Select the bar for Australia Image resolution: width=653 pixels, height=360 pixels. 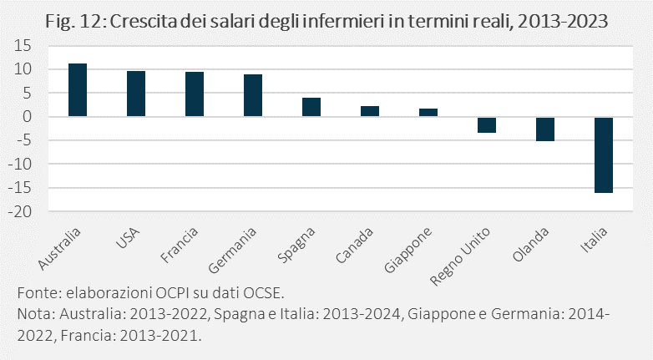tap(78, 89)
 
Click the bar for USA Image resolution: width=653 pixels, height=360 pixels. tap(136, 94)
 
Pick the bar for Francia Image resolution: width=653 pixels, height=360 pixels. tap(195, 94)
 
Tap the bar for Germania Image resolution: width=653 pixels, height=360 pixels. tap(253, 95)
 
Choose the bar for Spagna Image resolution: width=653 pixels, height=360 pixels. tap(311, 107)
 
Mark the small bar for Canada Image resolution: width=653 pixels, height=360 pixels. tap(370, 111)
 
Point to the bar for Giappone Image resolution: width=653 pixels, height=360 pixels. tap(428, 112)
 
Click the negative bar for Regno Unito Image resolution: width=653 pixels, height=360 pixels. tap(487, 124)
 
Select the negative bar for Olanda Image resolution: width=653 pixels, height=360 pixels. tap(545, 129)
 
